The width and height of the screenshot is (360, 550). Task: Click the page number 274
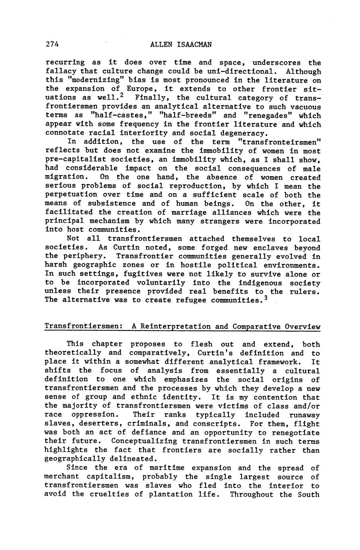point(52,45)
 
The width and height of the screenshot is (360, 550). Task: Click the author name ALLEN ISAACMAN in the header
point(181,45)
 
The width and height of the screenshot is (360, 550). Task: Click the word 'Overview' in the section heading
point(303,327)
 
